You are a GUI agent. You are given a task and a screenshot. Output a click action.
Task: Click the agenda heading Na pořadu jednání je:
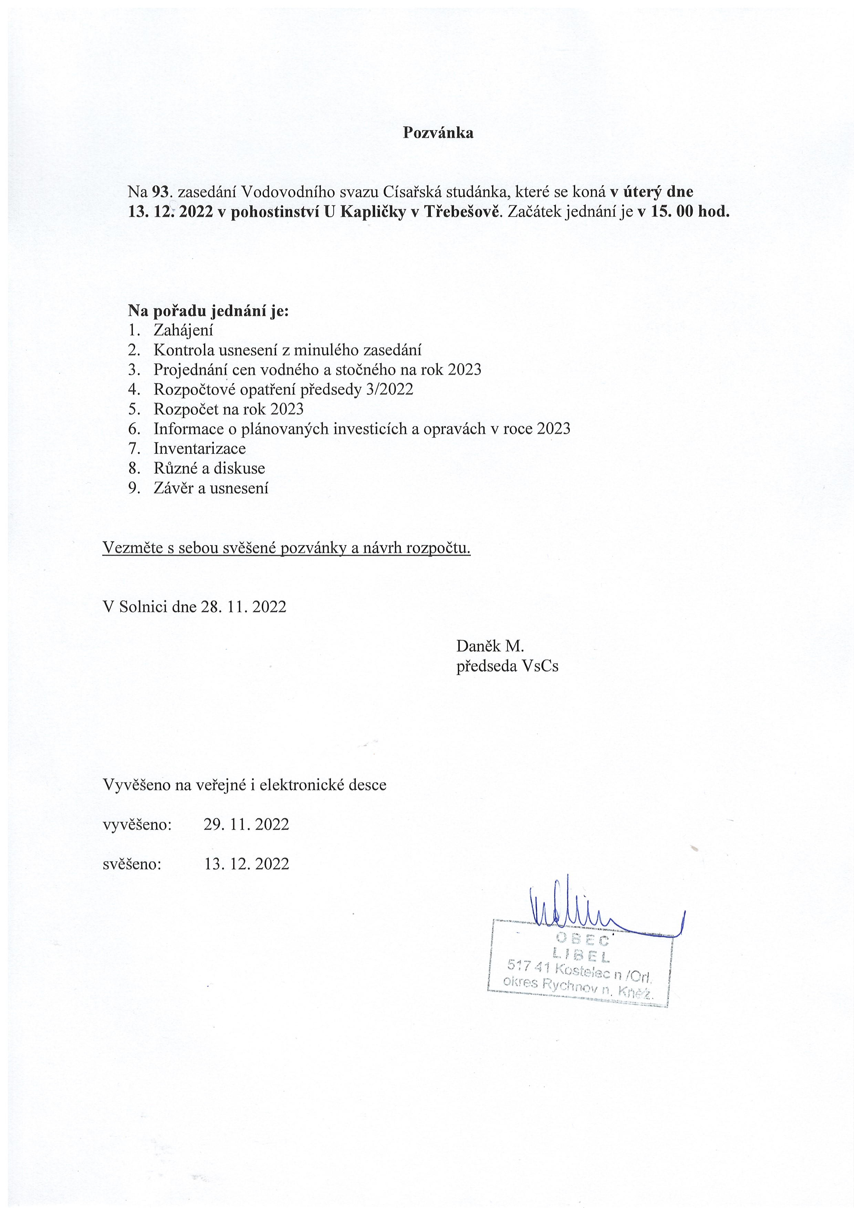(208, 311)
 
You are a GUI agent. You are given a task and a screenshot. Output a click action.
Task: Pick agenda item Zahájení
(183, 331)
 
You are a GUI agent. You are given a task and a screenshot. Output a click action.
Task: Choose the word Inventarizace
(199, 449)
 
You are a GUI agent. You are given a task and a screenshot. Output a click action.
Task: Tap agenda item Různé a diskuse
(209, 468)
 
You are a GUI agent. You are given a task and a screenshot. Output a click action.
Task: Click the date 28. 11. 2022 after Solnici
(243, 607)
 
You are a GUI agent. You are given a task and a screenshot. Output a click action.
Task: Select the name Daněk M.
(490, 646)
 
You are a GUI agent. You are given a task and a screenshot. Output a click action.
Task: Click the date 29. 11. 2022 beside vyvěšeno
(246, 824)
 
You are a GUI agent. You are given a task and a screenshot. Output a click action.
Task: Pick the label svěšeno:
(132, 864)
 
